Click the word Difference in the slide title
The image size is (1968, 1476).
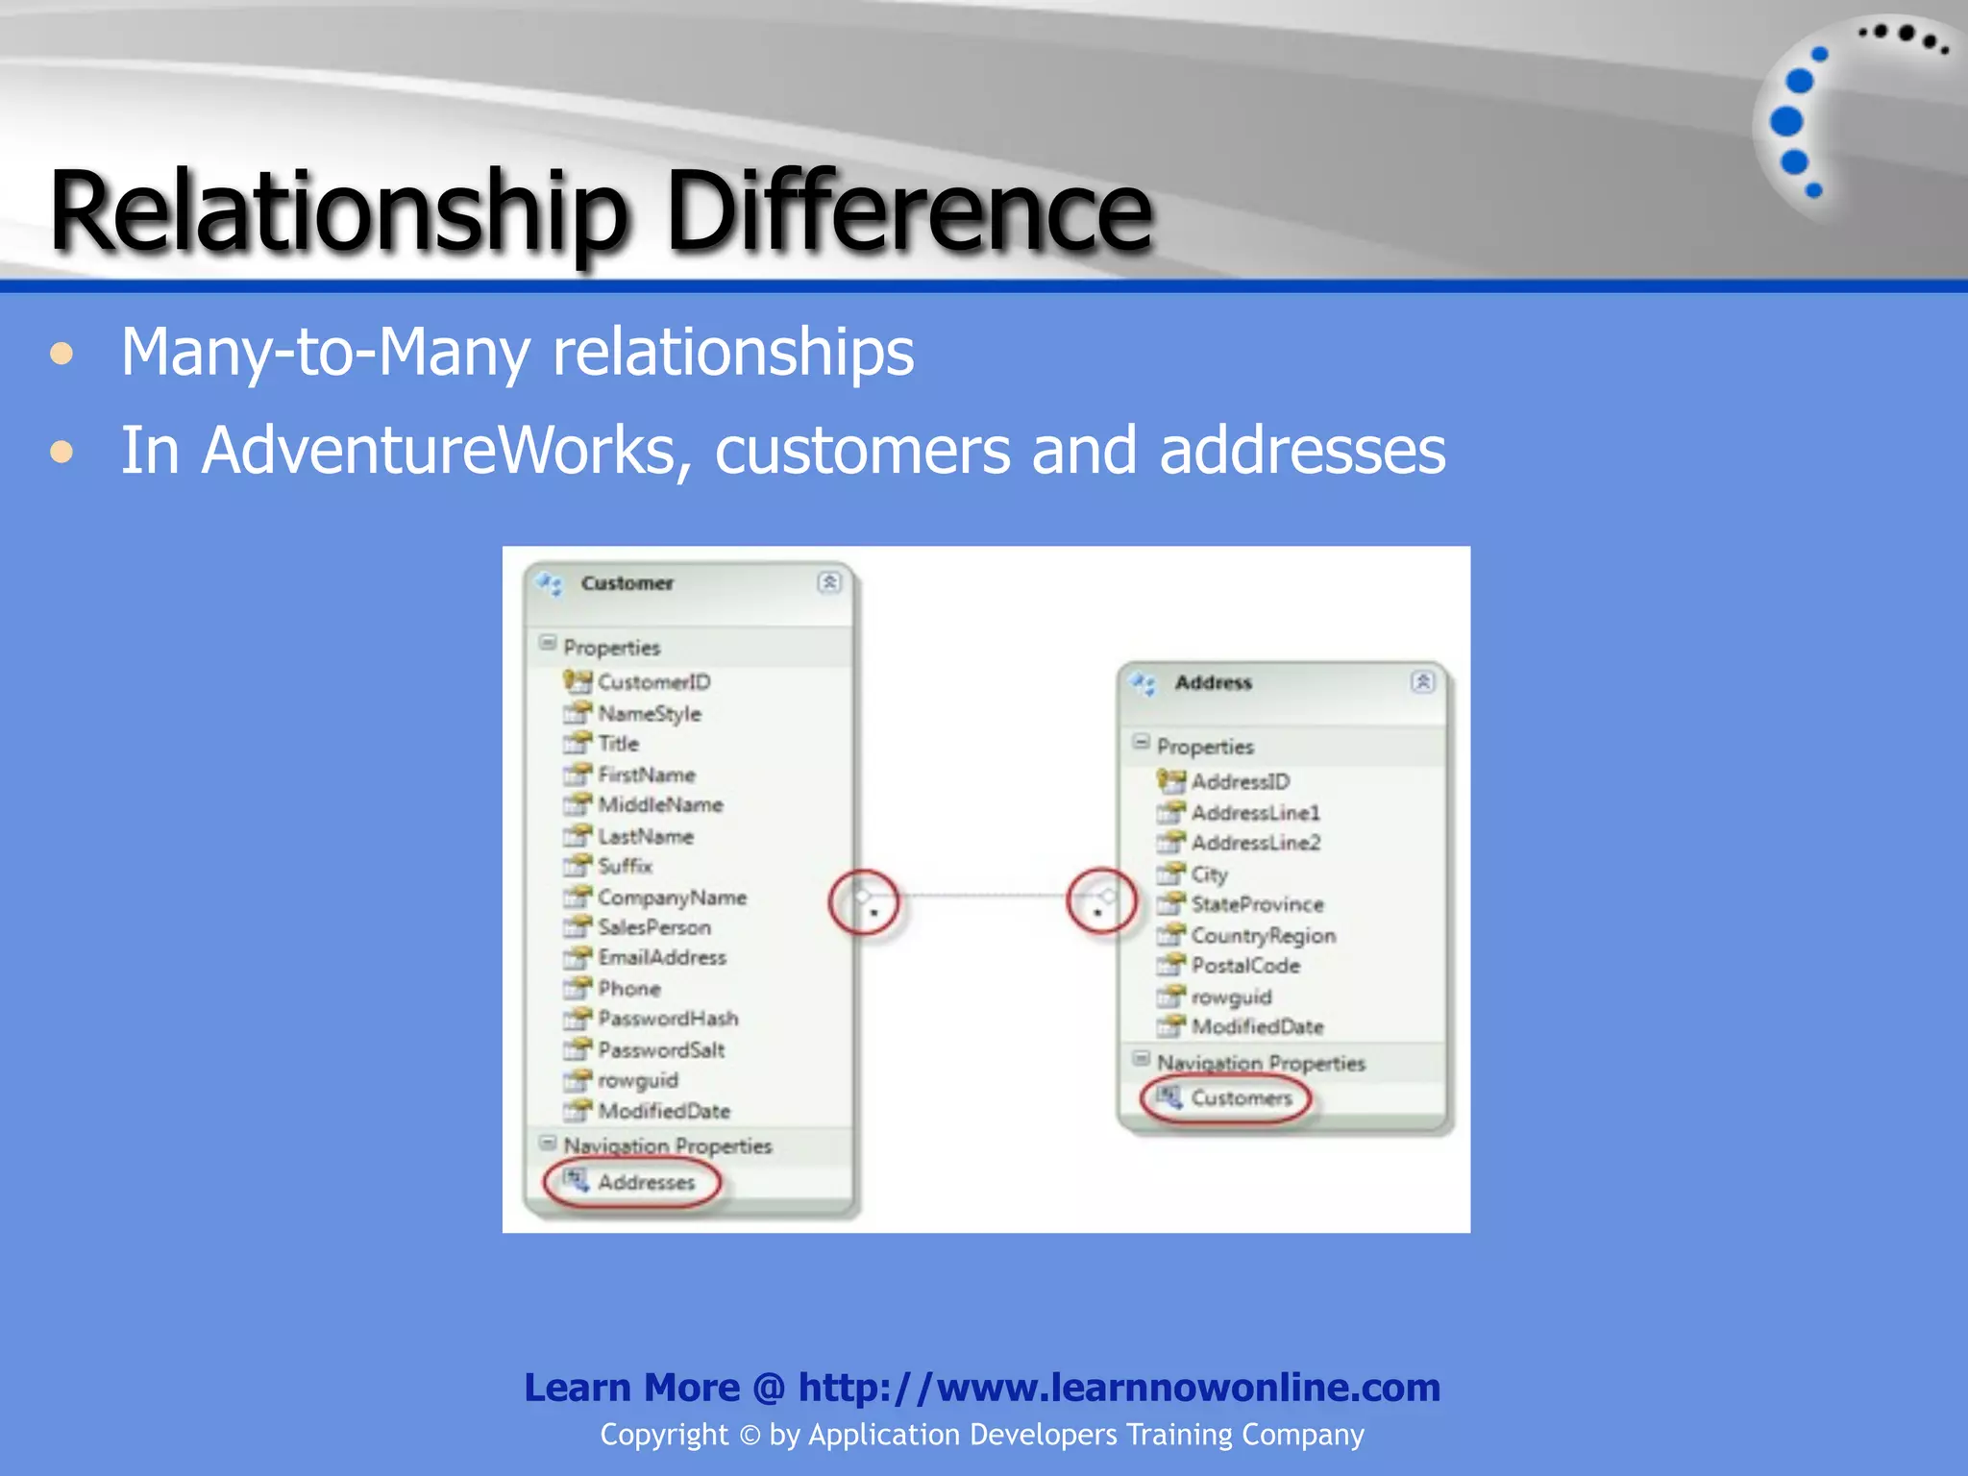click(x=908, y=211)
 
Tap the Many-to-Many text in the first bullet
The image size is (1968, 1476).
click(x=326, y=352)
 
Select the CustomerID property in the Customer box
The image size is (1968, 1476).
click(x=653, y=682)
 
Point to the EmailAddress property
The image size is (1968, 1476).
click(x=662, y=958)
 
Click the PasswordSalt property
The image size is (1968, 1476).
click(x=661, y=1050)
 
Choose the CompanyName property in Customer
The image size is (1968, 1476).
click(x=672, y=898)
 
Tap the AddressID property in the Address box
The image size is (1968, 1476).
click(x=1240, y=782)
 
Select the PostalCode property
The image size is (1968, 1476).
click(x=1245, y=966)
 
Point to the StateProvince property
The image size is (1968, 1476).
click(x=1257, y=904)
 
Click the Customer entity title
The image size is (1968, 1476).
click(x=627, y=583)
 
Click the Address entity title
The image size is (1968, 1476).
click(x=1213, y=682)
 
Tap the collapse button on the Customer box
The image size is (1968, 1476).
click(x=829, y=582)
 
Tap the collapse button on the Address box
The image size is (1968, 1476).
click(x=1422, y=681)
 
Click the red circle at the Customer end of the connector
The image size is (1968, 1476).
click(x=864, y=902)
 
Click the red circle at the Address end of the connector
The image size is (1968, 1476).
click(x=1101, y=901)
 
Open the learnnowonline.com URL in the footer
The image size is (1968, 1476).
click(x=1119, y=1388)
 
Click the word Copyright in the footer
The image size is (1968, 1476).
click(x=664, y=1435)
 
